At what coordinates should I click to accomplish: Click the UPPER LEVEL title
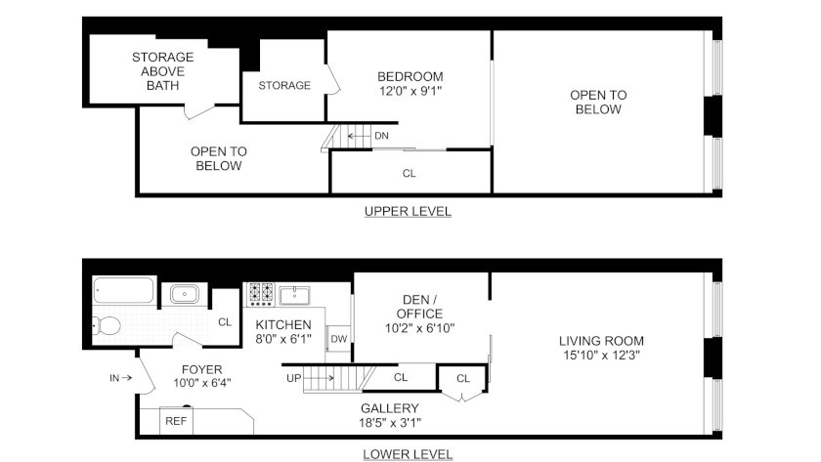(408, 211)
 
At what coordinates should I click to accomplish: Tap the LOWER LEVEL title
(408, 454)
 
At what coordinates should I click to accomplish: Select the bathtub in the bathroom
(123, 290)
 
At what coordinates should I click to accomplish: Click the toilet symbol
(108, 325)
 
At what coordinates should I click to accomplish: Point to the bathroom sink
(185, 294)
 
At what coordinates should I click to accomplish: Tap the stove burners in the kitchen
(261, 294)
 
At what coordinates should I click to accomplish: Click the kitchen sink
(294, 296)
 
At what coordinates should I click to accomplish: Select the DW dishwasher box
(339, 339)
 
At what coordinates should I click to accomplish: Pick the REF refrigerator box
(176, 421)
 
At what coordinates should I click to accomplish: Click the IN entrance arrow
(126, 377)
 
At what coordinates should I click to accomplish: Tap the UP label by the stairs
(294, 378)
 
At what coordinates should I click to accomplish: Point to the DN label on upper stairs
(382, 136)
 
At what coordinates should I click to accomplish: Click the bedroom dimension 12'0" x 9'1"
(410, 91)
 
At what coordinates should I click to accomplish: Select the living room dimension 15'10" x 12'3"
(602, 356)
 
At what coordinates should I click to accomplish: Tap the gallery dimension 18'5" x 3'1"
(390, 423)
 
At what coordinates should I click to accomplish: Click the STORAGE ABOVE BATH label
(163, 71)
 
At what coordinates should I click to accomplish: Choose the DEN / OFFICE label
(419, 307)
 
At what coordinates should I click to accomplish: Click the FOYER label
(201, 369)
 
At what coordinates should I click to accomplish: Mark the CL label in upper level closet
(410, 173)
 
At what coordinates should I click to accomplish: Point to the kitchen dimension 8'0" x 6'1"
(283, 339)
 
